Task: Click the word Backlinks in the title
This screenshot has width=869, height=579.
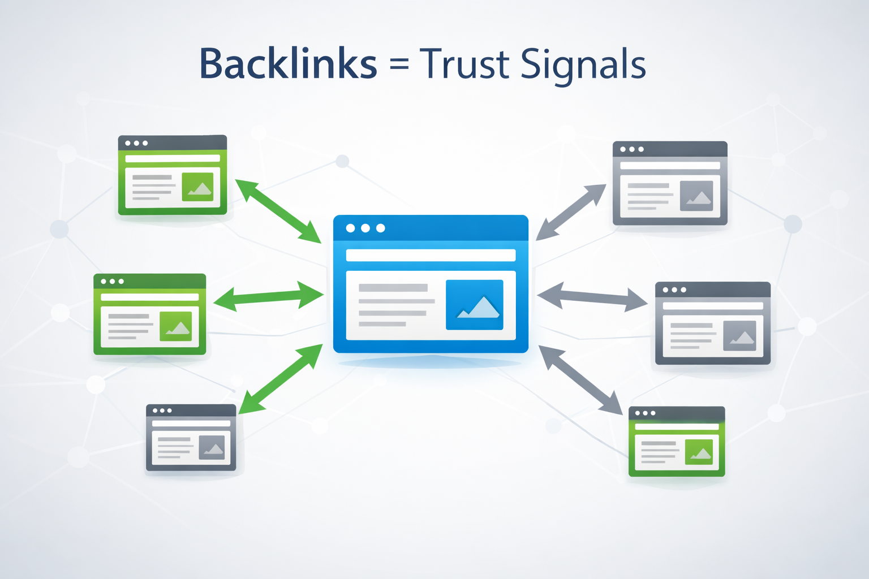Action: tap(288, 63)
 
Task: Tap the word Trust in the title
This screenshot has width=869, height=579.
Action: tap(464, 63)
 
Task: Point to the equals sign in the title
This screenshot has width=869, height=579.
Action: tap(399, 64)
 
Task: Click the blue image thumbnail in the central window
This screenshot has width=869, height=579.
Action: tap(474, 305)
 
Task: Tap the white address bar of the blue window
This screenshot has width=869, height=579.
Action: tap(431, 255)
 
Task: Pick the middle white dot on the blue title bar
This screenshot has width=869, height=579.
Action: tap(365, 228)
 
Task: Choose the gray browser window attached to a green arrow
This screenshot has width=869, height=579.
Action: tap(191, 437)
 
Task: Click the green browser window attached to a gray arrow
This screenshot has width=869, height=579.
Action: tap(677, 441)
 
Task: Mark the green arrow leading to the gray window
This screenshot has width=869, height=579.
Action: tap(281, 379)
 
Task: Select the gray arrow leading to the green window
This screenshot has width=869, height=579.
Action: tap(580, 380)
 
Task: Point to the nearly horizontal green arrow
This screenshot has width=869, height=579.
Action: tap(268, 296)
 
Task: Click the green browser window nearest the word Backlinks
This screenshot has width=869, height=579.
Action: tap(173, 175)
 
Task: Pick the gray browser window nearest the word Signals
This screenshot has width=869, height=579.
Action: tap(670, 183)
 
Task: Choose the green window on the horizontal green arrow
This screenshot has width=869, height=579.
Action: tap(150, 314)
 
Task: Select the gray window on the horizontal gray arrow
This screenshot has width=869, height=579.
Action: tap(713, 323)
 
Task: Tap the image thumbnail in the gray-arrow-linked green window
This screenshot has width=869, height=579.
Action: tap(699, 452)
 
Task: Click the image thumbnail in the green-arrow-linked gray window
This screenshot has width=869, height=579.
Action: tap(212, 447)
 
